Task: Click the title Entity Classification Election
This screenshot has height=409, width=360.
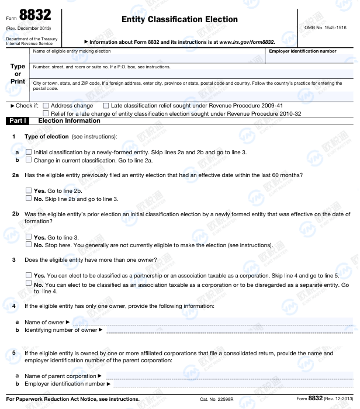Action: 179,19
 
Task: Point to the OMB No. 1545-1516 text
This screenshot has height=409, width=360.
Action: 326,27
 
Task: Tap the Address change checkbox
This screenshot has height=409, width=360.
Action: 46,106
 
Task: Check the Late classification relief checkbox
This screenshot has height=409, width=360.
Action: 106,106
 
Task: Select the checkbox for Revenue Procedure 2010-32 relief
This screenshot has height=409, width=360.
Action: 46,113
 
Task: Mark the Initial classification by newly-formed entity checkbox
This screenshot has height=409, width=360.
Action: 29,152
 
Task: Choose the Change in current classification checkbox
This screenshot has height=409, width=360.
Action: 29,160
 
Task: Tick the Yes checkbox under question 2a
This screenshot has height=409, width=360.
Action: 29,190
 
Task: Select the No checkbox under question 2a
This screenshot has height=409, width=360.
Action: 29,198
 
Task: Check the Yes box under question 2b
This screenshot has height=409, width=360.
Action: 29,237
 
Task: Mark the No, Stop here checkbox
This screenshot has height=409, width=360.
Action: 29,244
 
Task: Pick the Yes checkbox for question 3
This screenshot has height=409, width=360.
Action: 29,275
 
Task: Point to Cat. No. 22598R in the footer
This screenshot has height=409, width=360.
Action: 217,399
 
